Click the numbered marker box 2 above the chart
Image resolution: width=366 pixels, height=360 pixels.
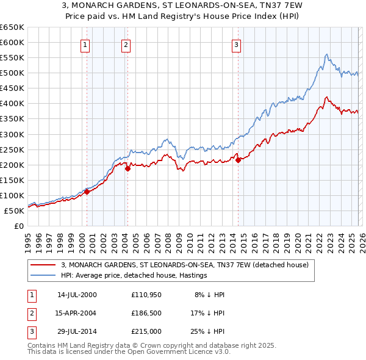pyautogui.click(x=125, y=44)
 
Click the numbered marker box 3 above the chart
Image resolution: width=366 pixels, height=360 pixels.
pyautogui.click(x=236, y=44)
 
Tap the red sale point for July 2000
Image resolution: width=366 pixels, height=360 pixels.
pyautogui.click(x=87, y=192)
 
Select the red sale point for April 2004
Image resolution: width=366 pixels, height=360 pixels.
pyautogui.click(x=127, y=169)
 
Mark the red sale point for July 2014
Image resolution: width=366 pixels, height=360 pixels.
pyautogui.click(x=239, y=160)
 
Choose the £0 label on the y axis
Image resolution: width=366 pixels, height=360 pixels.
pyautogui.click(x=18, y=226)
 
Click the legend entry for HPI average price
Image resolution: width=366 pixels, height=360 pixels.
pyautogui.click(x=134, y=276)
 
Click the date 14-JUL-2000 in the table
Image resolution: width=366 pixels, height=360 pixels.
pyautogui.click(x=77, y=295)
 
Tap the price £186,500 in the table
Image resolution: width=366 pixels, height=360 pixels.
pyautogui.click(x=147, y=312)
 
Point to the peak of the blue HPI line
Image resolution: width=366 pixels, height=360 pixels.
pyautogui.click(x=327, y=54)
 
